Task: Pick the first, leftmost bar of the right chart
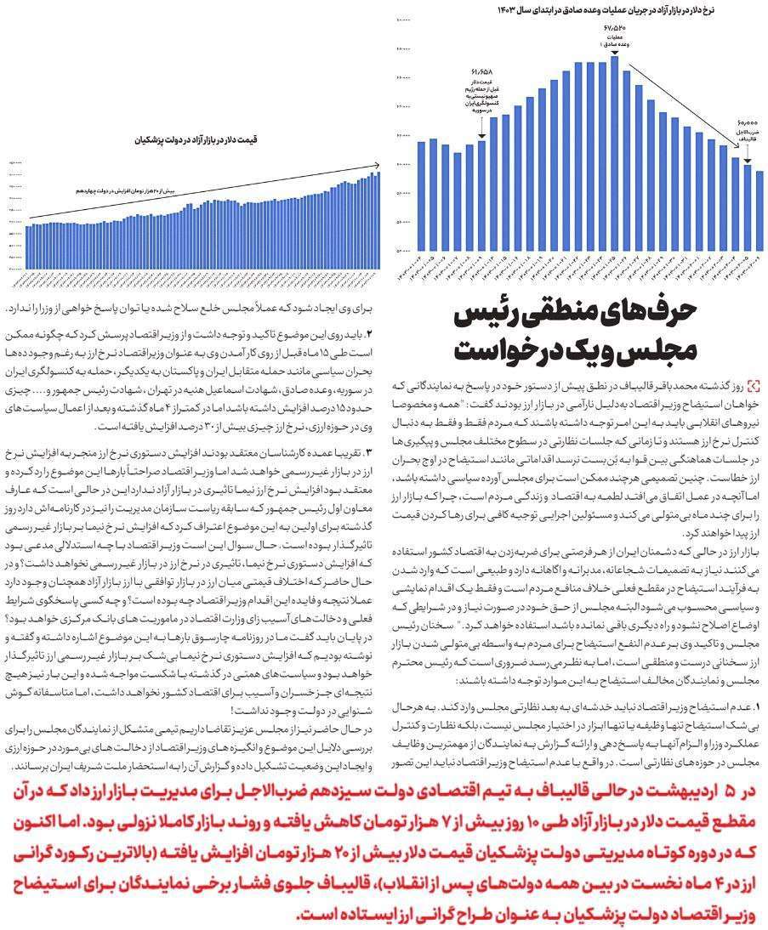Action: point(421,196)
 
